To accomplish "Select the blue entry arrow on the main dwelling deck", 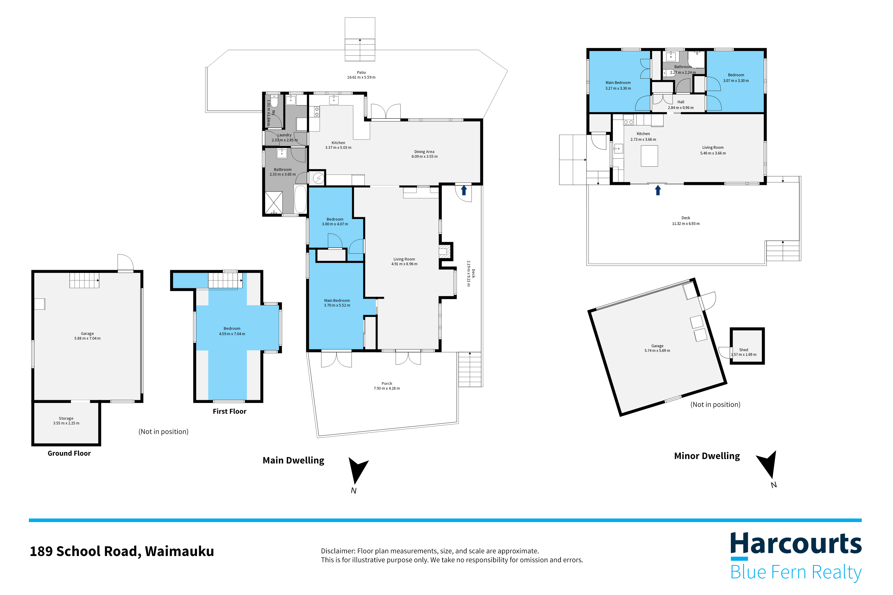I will click(464, 190).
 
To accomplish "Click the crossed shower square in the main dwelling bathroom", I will click(273, 203).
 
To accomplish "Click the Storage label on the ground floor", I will click(66, 418).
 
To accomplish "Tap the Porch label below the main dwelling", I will click(387, 384).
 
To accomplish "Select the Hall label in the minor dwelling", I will click(681, 102).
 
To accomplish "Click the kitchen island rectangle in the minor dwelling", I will click(649, 156).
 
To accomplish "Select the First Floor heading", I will click(229, 411).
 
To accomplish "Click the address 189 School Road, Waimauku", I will click(122, 551).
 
